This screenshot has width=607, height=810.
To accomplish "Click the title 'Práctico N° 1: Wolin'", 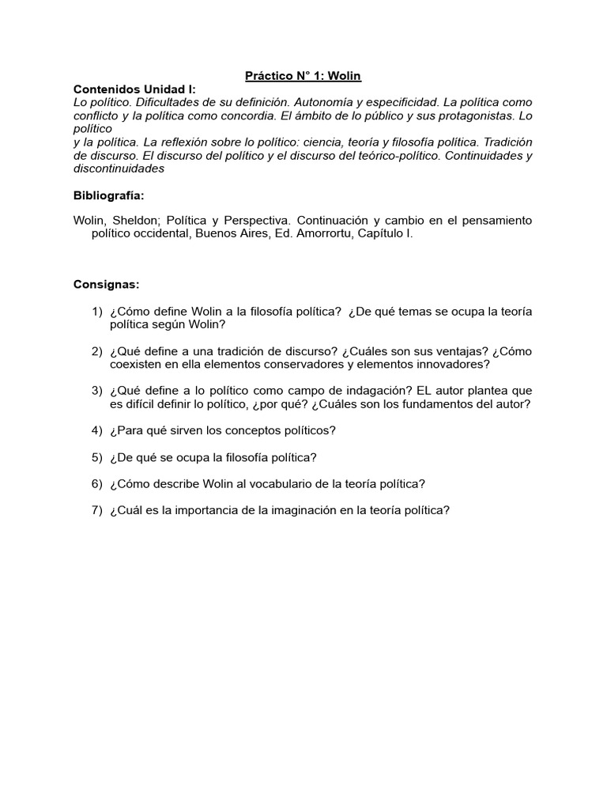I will [303, 75].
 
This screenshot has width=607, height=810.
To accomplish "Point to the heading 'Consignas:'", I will [106, 284].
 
